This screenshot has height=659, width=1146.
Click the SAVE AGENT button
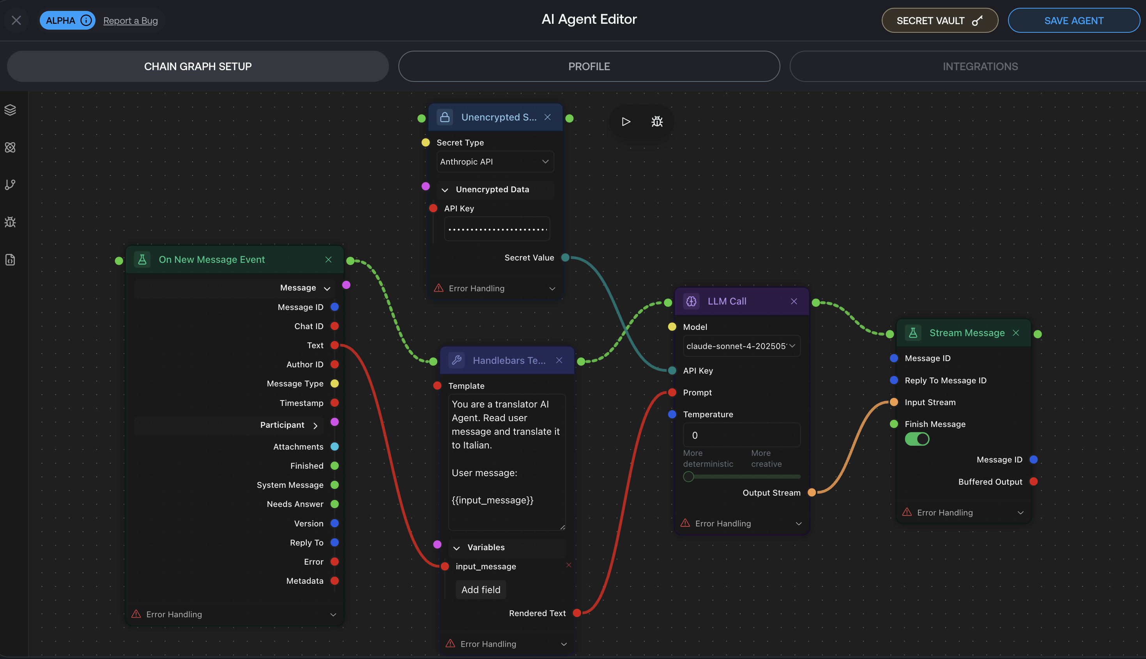1073,20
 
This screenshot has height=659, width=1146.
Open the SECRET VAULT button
939,20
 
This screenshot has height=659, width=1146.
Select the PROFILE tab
589,67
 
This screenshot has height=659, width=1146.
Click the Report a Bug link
130,20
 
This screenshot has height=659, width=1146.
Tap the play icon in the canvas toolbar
626,121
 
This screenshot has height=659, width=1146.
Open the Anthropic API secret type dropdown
495,161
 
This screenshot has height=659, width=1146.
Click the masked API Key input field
497,229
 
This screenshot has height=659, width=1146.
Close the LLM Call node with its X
794,301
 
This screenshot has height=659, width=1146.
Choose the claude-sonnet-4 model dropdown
741,346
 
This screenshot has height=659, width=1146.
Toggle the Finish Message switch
917,439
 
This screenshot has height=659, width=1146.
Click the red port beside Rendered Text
577,613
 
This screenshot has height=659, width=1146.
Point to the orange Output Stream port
812,492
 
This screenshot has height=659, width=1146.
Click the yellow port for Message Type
334,383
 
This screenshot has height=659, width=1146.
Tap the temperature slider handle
688,477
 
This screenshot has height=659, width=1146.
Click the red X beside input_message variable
569,565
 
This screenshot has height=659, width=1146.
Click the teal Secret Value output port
565,257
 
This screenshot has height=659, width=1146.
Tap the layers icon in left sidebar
11,110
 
